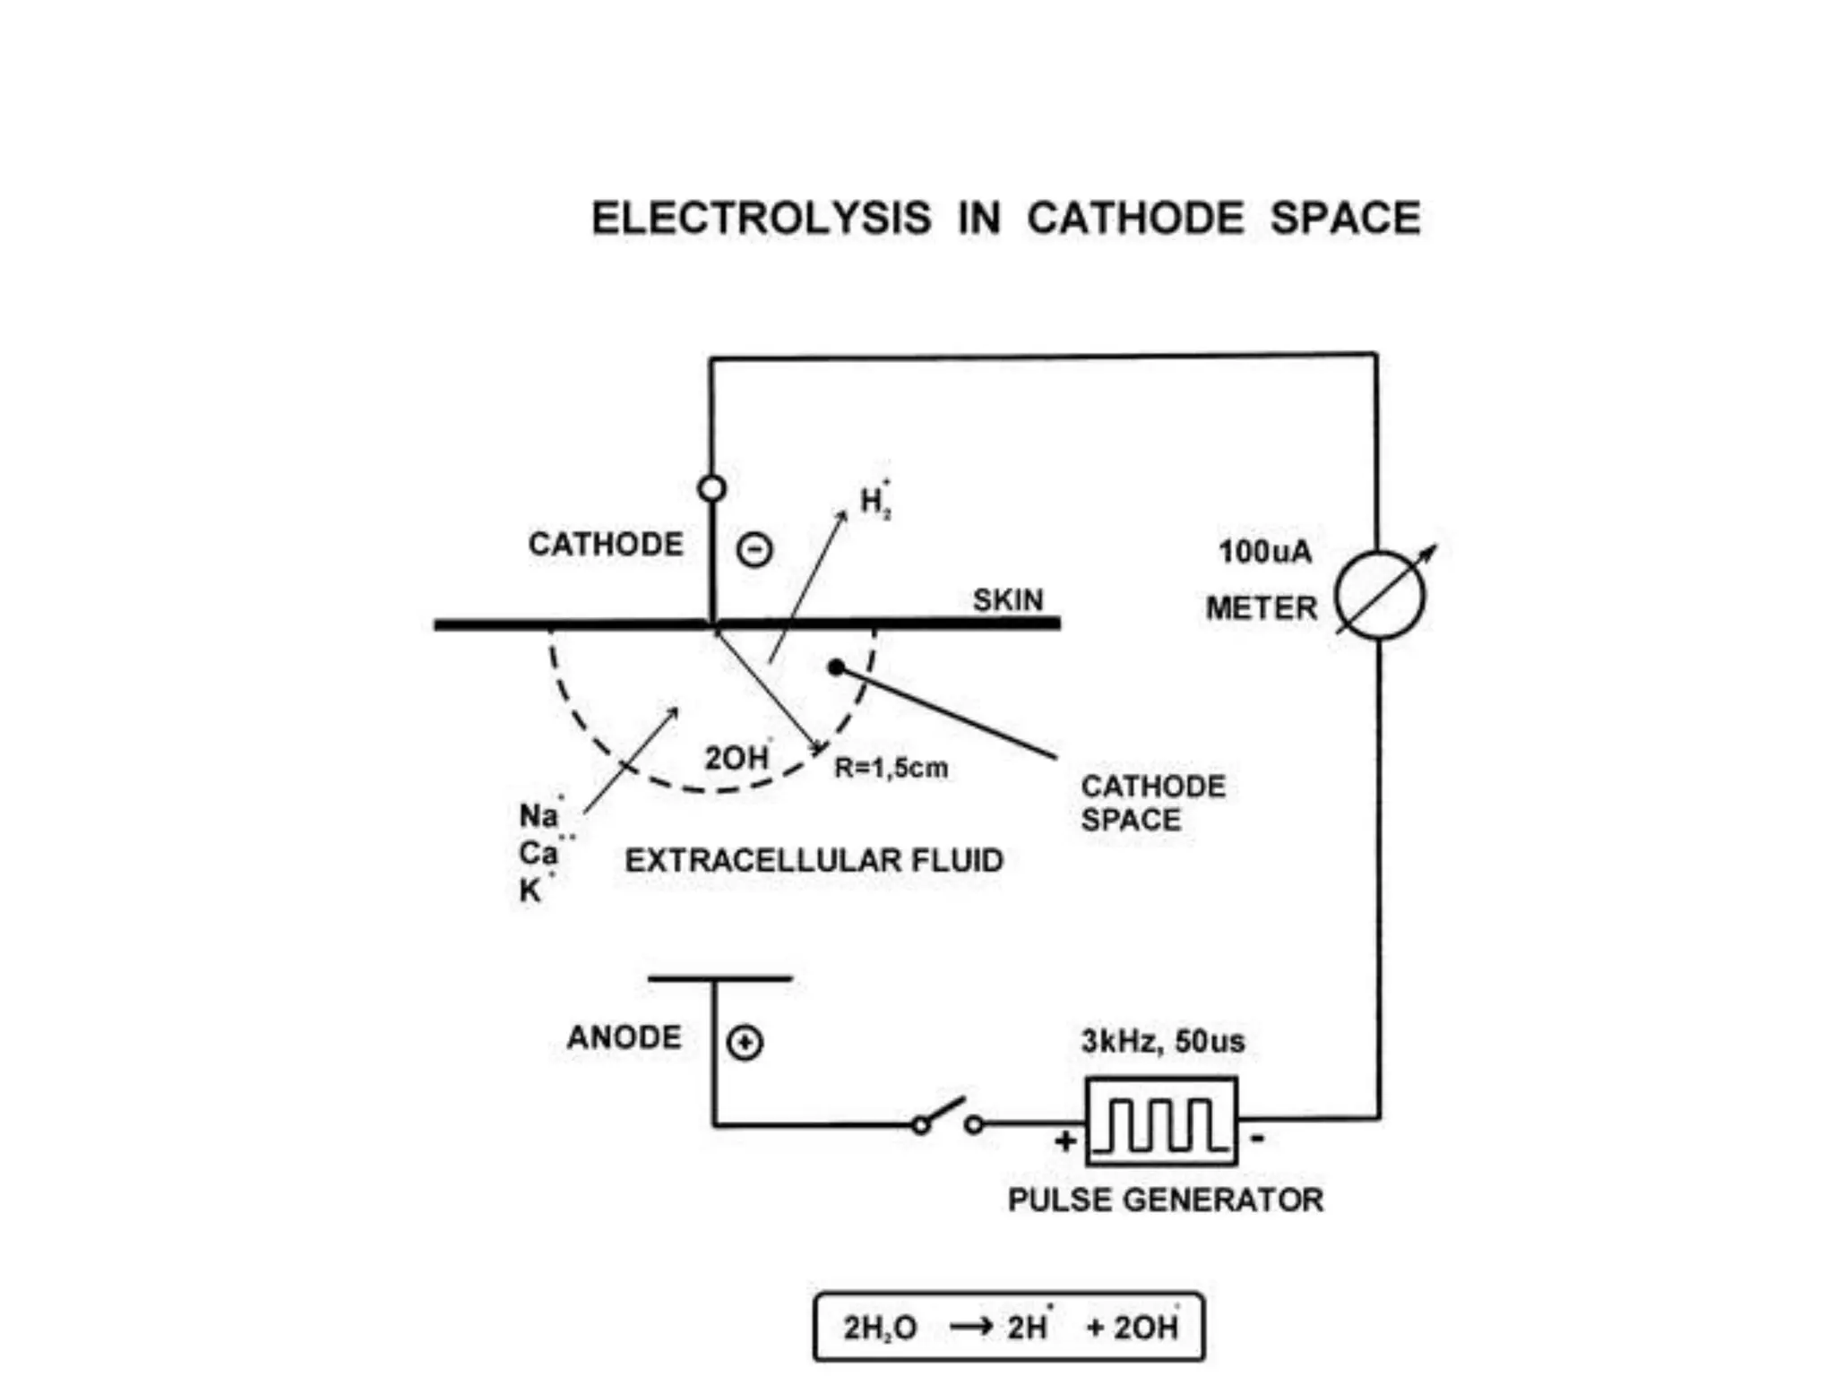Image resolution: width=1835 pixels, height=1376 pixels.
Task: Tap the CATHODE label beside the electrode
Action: point(606,545)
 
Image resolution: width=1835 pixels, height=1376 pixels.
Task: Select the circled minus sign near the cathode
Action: point(754,549)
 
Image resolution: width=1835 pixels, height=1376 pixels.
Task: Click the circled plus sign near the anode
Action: point(745,1043)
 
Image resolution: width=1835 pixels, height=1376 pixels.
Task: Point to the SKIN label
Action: point(1008,600)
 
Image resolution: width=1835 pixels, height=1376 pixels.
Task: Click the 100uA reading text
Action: point(1264,552)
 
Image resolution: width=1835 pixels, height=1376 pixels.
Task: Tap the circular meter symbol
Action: point(1380,595)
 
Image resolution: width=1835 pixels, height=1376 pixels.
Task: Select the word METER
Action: point(1262,609)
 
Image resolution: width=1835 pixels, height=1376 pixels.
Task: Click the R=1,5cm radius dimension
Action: point(891,769)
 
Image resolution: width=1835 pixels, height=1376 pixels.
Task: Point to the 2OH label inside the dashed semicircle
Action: point(737,758)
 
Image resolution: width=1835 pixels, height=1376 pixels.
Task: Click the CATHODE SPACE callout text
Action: point(1152,803)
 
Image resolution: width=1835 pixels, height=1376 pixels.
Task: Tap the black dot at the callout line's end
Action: point(836,667)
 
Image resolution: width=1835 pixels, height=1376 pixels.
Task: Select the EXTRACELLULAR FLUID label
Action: point(814,861)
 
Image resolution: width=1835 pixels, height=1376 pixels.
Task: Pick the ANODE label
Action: point(625,1037)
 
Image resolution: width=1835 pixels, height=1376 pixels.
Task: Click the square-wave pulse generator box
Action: point(1161,1122)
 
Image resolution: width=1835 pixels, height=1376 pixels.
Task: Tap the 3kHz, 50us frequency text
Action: point(1162,1042)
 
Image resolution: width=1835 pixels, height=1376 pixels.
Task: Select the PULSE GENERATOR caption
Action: point(1165,1200)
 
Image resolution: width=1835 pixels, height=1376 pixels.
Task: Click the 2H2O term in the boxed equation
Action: point(880,1328)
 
